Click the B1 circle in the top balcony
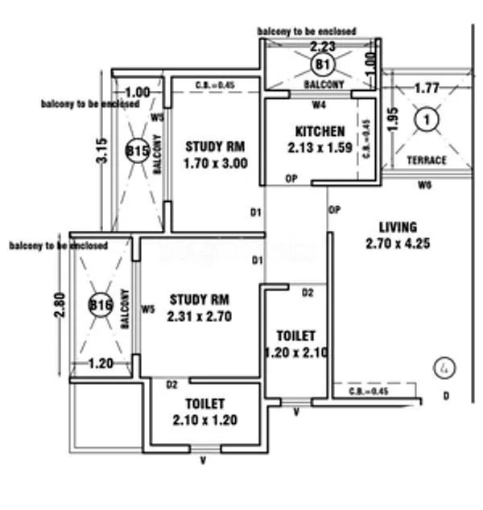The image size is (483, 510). [322, 63]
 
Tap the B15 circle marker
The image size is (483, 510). [137, 150]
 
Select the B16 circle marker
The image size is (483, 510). [101, 305]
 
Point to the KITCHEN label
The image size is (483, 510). [320, 131]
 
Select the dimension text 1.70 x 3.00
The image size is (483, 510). [215, 163]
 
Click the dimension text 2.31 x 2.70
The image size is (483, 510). [200, 316]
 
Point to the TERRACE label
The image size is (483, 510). [426, 160]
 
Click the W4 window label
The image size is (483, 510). [320, 103]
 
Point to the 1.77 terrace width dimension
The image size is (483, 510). [426, 87]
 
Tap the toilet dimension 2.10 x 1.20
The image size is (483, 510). [204, 419]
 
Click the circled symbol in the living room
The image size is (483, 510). [442, 368]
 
